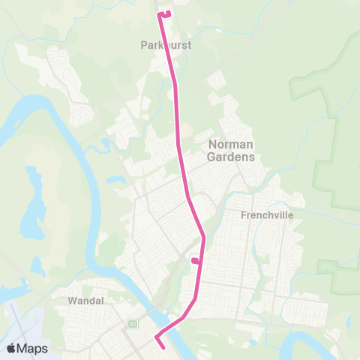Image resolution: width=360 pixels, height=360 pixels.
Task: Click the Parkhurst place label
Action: (x=166, y=45)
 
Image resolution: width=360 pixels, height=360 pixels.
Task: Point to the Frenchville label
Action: (x=267, y=214)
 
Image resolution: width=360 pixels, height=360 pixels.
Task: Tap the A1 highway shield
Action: (x=132, y=323)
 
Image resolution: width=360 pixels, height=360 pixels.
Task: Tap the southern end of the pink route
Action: (x=163, y=347)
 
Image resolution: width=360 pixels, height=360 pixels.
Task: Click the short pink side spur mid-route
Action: (x=194, y=260)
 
